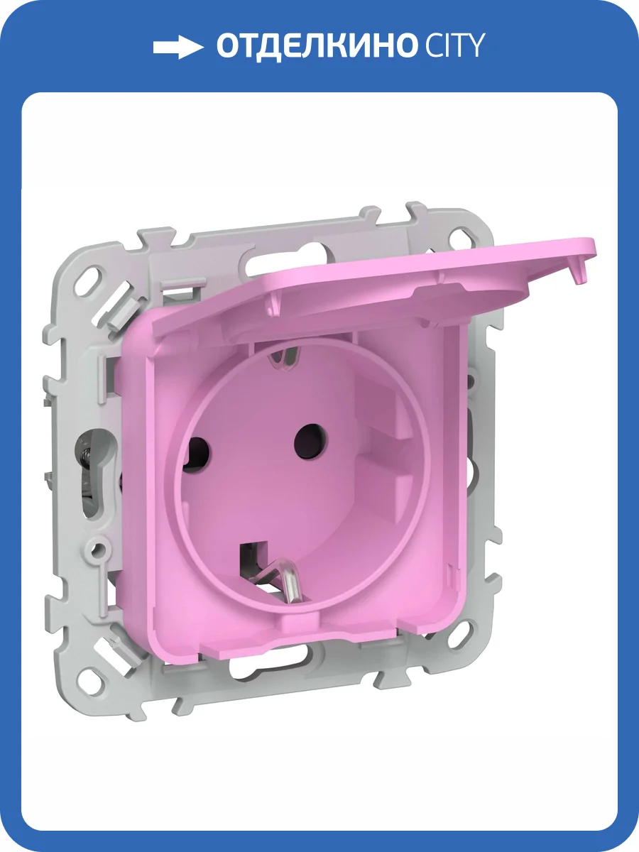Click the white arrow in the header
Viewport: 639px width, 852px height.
click(178, 47)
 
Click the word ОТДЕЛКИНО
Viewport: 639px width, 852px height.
click(315, 47)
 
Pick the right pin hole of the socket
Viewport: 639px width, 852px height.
click(310, 441)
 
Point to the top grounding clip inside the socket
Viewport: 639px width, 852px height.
click(286, 359)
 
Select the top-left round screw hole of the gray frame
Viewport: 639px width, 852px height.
click(92, 279)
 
